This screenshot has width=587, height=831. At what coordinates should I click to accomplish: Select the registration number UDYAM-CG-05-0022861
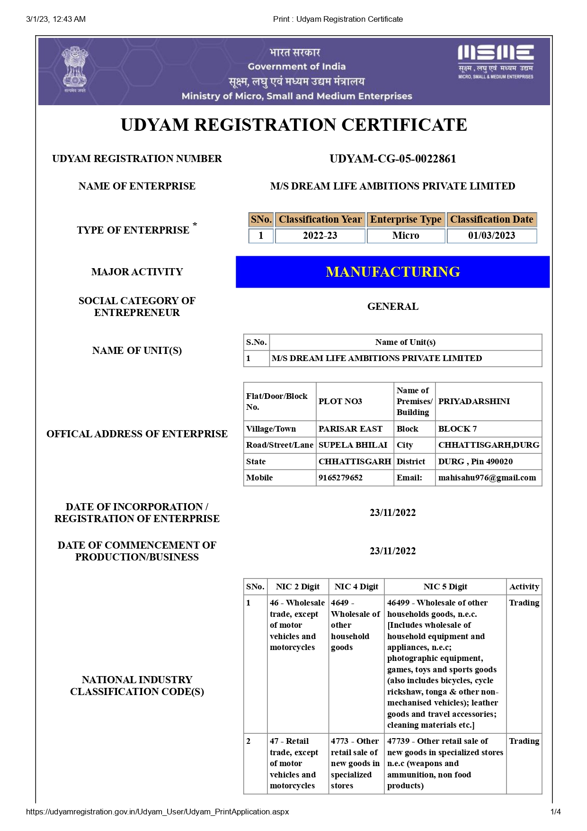pyautogui.click(x=392, y=159)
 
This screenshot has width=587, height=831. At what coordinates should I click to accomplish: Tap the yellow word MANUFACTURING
pyautogui.click(x=392, y=272)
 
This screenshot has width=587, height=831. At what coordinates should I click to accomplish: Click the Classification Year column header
pyautogui.click(x=320, y=219)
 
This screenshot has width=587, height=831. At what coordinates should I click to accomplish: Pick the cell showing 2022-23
pyautogui.click(x=320, y=235)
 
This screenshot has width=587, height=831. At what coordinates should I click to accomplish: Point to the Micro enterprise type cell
pyautogui.click(x=406, y=235)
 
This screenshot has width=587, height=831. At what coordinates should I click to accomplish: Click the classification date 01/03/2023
pyautogui.click(x=491, y=235)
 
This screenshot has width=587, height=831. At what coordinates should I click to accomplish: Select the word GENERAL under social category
pyautogui.click(x=392, y=307)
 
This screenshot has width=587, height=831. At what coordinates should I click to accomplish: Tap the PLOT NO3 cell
pyautogui.click(x=340, y=401)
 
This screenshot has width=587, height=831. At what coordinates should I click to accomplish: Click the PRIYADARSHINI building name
pyautogui.click(x=474, y=401)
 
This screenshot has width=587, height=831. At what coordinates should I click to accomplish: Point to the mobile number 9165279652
pyautogui.click(x=340, y=478)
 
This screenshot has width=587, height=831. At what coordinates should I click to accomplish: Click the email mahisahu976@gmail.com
pyautogui.click(x=487, y=478)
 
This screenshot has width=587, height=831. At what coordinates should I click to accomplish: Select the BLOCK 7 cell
pyautogui.click(x=457, y=429)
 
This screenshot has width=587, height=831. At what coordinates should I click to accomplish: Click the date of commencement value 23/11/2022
pyautogui.click(x=392, y=551)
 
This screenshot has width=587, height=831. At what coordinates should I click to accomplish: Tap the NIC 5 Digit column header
pyautogui.click(x=445, y=587)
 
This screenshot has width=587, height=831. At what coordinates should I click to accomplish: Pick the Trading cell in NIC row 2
pyautogui.click(x=524, y=741)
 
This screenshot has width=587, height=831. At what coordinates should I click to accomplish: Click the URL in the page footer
pyautogui.click(x=157, y=812)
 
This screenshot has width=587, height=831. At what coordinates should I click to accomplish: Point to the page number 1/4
pyautogui.click(x=555, y=812)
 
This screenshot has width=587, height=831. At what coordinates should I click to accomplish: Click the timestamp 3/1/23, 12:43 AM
pyautogui.click(x=56, y=19)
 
